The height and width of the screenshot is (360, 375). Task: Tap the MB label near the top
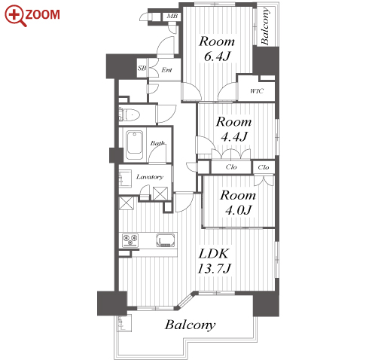click(x=172, y=17)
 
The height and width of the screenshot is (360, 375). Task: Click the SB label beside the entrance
click(x=142, y=68)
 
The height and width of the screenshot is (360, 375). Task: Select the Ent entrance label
click(x=166, y=70)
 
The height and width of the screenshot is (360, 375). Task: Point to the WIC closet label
click(x=257, y=91)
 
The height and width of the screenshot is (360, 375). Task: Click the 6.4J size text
click(x=217, y=56)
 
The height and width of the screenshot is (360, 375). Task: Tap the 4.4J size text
click(x=234, y=137)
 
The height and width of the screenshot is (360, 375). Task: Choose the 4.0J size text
click(x=238, y=210)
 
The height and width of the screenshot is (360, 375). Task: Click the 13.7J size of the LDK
click(x=214, y=269)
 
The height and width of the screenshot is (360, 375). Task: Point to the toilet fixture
click(x=130, y=114)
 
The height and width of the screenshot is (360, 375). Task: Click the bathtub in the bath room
click(x=135, y=145)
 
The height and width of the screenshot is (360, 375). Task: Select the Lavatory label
click(x=150, y=177)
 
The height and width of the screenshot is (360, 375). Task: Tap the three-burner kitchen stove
click(x=130, y=239)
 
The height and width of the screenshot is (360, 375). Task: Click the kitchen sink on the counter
click(x=166, y=240)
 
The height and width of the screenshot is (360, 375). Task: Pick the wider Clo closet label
click(x=231, y=167)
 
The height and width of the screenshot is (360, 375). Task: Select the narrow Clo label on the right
click(x=263, y=167)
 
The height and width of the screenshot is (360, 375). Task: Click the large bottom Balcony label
click(x=190, y=325)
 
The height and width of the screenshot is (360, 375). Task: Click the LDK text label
click(x=214, y=254)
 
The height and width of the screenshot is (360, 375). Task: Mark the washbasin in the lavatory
click(x=125, y=178)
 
